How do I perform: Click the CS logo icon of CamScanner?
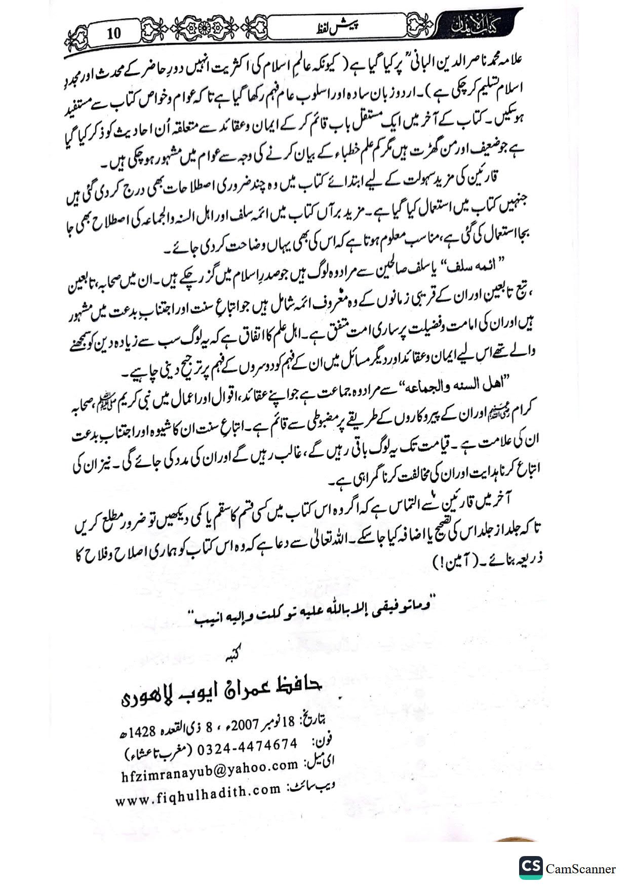(530, 868)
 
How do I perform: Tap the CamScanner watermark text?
(581, 869)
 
